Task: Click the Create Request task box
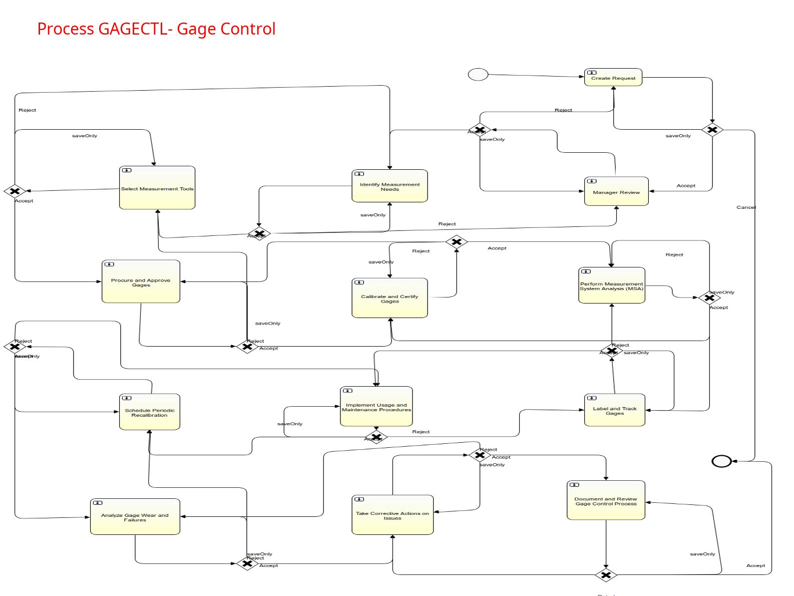(613, 78)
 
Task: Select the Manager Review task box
(616, 192)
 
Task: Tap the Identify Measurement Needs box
(389, 186)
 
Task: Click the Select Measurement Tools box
(157, 188)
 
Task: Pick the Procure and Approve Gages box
(141, 282)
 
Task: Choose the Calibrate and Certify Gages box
(389, 299)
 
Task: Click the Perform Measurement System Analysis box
(611, 285)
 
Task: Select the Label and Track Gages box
(614, 411)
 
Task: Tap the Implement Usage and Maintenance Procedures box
(376, 407)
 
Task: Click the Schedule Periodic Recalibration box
(149, 412)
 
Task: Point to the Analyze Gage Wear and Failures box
(135, 517)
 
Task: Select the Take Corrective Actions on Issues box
(392, 515)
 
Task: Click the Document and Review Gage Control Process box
(606, 501)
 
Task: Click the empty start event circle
(478, 75)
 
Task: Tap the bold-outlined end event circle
(721, 461)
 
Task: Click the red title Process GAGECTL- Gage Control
(156, 29)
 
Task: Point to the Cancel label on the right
(746, 207)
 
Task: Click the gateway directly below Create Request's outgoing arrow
(712, 130)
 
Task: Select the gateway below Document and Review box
(606, 575)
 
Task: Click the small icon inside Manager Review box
(592, 181)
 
